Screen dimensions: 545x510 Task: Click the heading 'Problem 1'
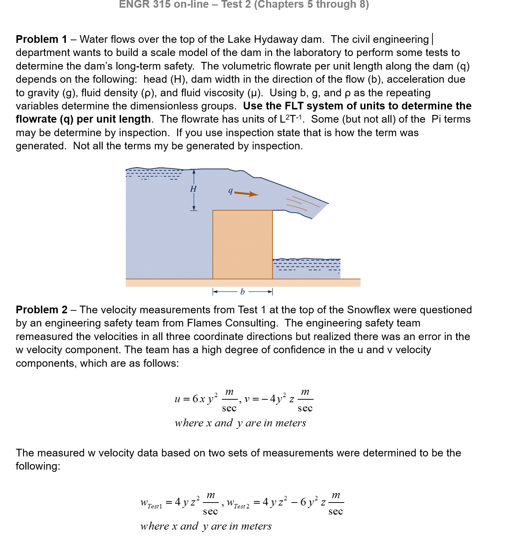41,39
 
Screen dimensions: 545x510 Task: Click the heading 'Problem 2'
41,310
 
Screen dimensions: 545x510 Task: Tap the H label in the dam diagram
193,189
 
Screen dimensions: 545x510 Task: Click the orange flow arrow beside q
246,194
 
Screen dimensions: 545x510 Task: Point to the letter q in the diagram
230,190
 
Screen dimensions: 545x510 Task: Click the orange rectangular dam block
243,244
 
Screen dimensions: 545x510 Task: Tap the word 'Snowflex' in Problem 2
369,310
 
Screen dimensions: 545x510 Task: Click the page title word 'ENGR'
134,4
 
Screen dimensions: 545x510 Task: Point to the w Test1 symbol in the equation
151,503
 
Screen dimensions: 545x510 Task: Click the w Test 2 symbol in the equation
238,503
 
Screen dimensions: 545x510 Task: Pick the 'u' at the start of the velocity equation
177,399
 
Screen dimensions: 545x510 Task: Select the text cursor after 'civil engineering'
432,39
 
